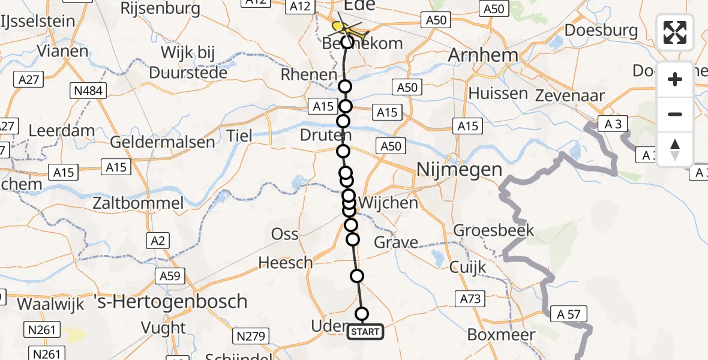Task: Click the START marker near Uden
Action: pos(365,332)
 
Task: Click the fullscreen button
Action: pos(675,32)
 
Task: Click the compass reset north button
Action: pos(675,149)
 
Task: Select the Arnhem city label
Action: pos(484,55)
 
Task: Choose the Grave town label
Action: pos(396,242)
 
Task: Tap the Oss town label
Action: pos(285,234)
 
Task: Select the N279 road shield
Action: pos(251,337)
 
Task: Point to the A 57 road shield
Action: pos(567,314)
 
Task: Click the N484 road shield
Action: pos(89,91)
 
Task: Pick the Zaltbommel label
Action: pos(138,203)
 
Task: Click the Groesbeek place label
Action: pos(493,230)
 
